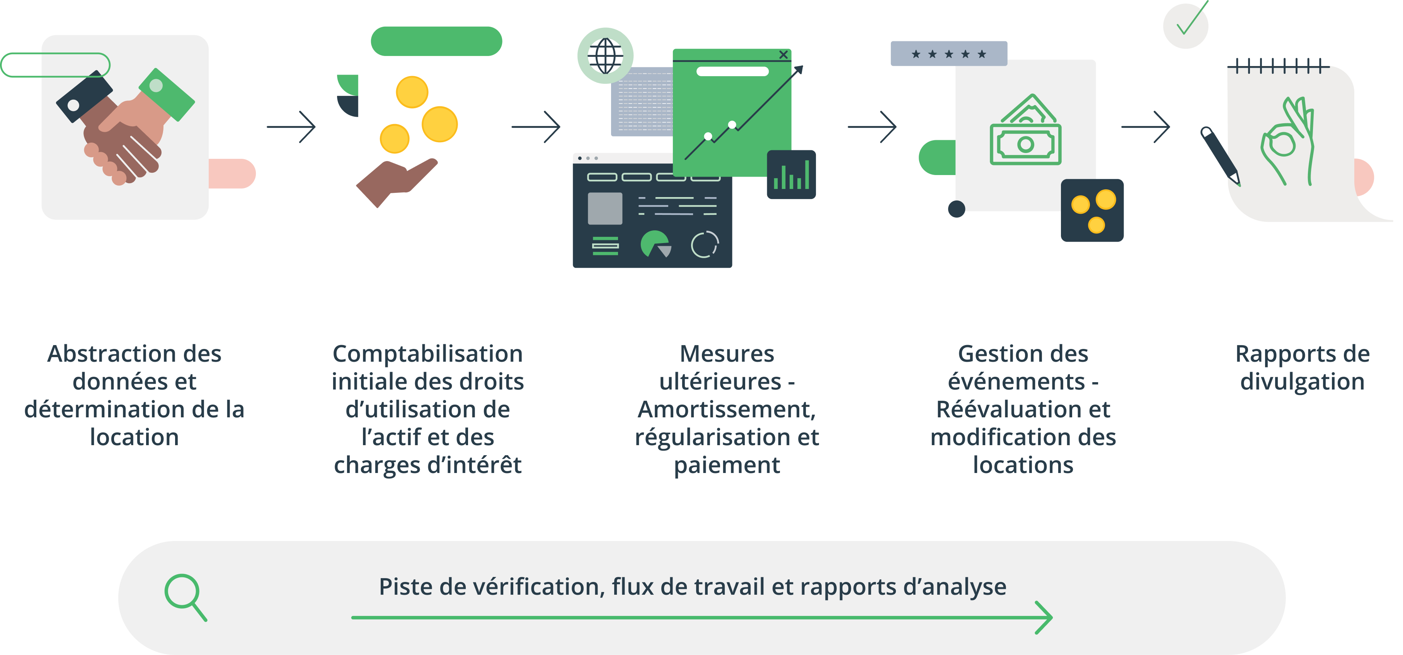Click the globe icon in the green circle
[605, 56]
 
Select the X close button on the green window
[783, 54]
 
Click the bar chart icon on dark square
[792, 175]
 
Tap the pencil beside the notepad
[1220, 156]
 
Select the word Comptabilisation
[427, 354]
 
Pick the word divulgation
[1302, 382]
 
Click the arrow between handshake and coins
[291, 127]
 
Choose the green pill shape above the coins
[436, 41]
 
